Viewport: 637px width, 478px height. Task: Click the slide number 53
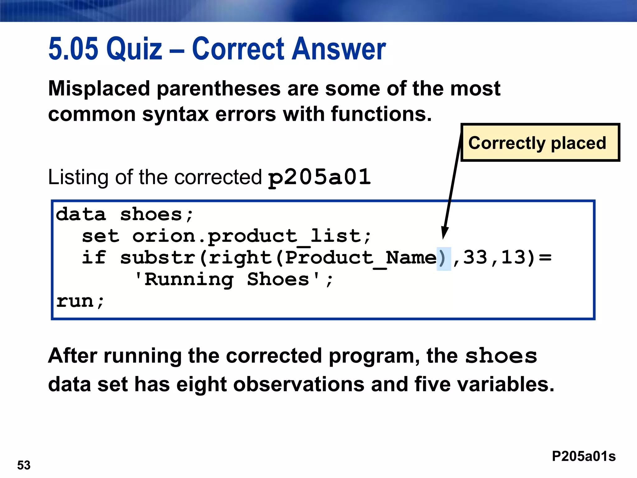24,465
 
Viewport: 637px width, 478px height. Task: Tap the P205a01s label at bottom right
584,456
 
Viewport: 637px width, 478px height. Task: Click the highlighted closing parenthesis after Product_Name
443,258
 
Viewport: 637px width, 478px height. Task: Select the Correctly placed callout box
540,143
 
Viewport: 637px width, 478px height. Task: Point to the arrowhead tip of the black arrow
444,238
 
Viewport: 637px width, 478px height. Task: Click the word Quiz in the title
134,49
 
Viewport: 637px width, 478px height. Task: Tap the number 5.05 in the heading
73,49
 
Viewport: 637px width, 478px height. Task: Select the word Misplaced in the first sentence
99,89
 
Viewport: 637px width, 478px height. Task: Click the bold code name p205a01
319,177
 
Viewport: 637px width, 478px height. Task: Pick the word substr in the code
158,258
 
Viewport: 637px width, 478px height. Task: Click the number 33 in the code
475,258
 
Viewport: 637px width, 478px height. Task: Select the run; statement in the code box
80,301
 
